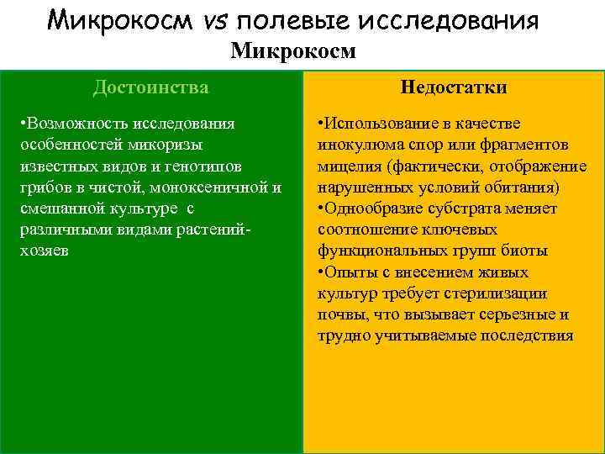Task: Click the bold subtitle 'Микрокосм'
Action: click(294, 52)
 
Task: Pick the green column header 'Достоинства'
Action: click(151, 87)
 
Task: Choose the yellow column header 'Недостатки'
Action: click(454, 87)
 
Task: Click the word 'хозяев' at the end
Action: click(40, 250)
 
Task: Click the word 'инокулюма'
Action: click(354, 145)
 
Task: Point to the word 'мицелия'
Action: click(345, 166)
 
